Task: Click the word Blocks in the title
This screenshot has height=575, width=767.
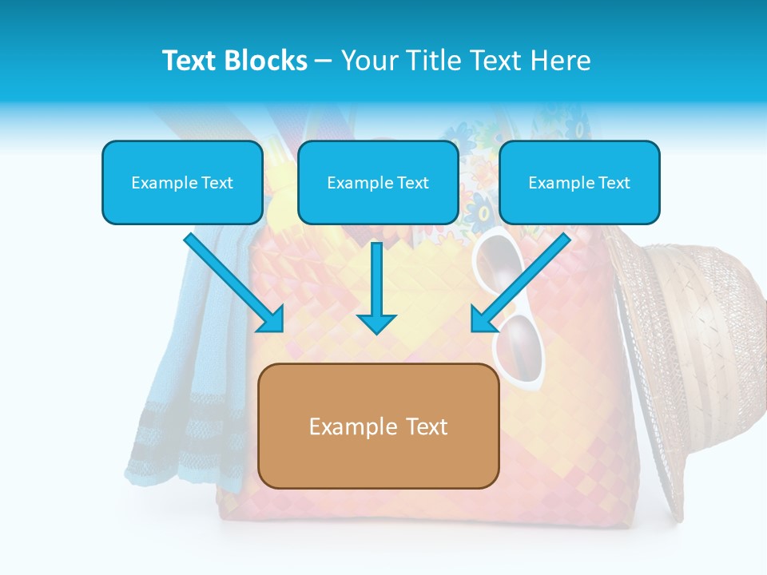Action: [264, 61]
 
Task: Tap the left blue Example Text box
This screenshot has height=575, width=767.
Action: [182, 182]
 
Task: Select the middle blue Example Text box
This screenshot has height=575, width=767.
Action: [378, 182]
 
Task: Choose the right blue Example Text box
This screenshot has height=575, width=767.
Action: [579, 182]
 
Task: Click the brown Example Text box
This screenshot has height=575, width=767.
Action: [379, 426]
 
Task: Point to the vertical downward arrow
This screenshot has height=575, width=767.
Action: [376, 287]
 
